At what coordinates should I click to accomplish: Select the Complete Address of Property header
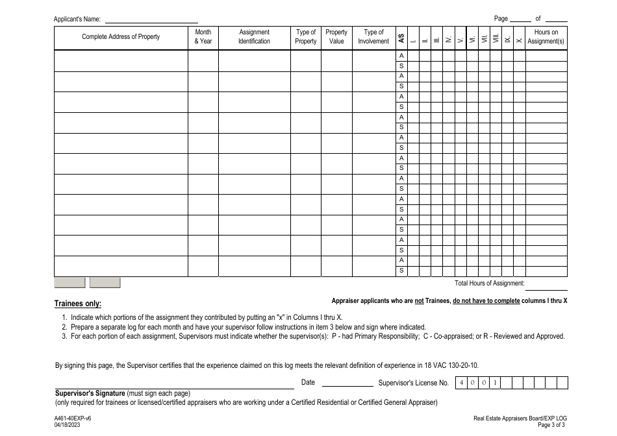(x=121, y=37)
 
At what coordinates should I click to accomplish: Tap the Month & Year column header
(x=203, y=37)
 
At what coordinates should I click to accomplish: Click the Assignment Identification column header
(x=254, y=37)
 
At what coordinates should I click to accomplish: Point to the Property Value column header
(x=336, y=37)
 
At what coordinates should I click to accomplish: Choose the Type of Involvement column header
(x=373, y=37)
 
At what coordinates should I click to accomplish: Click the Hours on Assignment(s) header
(x=546, y=37)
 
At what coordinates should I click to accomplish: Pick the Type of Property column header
(x=306, y=37)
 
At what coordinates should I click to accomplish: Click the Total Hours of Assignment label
(x=489, y=284)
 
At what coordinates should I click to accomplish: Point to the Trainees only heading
(x=77, y=304)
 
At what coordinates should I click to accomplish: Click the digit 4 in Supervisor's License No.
(x=462, y=383)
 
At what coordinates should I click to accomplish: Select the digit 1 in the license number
(x=495, y=383)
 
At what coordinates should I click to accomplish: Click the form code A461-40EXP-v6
(x=73, y=419)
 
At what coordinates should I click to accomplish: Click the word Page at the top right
(x=501, y=19)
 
